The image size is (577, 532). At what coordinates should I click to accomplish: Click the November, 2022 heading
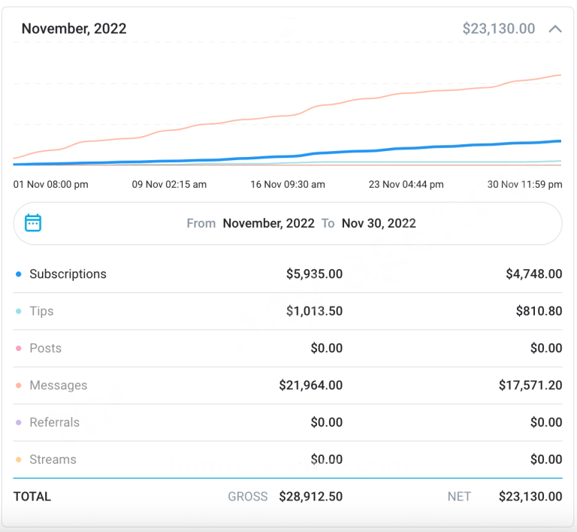tap(74, 29)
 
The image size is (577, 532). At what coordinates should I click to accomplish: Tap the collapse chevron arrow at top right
tap(555, 29)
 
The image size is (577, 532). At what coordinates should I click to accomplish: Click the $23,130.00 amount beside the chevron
tap(499, 29)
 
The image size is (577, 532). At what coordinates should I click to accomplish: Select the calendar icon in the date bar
tap(33, 223)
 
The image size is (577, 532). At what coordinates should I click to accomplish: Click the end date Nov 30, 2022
tap(379, 223)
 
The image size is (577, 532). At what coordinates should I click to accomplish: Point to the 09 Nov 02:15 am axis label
tap(169, 184)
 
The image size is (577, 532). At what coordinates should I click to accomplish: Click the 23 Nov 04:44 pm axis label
tap(406, 184)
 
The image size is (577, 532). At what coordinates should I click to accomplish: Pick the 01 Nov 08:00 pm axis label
tap(51, 184)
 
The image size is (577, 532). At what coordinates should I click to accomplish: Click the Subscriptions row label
tap(68, 274)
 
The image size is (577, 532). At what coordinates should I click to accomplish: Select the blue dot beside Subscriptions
tap(19, 274)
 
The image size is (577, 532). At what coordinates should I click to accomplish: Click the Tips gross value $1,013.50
tap(314, 311)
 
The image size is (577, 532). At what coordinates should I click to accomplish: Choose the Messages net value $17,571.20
tap(530, 385)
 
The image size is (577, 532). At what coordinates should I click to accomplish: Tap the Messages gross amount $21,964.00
tap(310, 385)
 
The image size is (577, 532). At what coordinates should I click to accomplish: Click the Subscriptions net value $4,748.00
tap(533, 274)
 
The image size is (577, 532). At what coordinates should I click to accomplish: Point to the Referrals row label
tap(54, 422)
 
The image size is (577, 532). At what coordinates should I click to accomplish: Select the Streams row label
tap(53, 459)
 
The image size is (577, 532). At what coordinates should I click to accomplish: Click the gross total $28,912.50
tap(310, 497)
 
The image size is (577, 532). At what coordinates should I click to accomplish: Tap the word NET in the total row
tap(459, 497)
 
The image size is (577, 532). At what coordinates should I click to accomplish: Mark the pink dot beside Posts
tap(19, 349)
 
